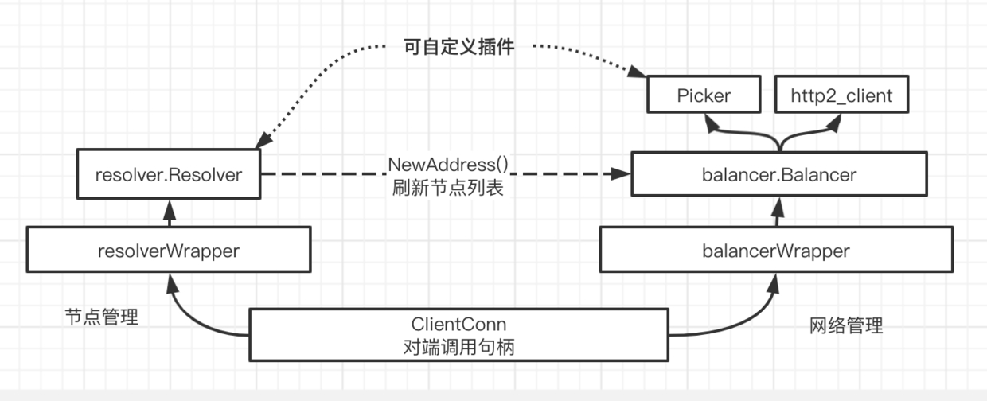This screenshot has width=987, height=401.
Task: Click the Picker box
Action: coord(704,95)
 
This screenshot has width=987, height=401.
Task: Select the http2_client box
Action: coord(841,95)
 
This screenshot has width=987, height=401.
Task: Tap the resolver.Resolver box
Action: coord(169,174)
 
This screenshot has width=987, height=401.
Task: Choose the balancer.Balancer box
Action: coord(779,174)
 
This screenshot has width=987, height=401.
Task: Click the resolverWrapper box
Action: coord(169,250)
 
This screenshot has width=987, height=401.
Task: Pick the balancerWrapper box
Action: coord(776,250)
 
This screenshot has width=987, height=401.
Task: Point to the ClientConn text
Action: coord(458,325)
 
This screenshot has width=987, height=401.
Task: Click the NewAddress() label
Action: coord(448,165)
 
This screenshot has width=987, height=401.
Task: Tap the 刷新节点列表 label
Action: coord(448,188)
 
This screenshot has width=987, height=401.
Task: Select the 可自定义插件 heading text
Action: coord(458,47)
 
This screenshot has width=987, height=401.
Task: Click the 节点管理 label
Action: coord(101,317)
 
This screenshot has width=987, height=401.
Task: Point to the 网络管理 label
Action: coord(846,325)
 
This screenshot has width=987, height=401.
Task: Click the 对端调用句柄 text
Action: coord(458,347)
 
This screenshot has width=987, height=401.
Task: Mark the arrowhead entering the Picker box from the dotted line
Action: coord(637,72)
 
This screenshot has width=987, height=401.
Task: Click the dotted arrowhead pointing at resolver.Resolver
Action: coord(263,140)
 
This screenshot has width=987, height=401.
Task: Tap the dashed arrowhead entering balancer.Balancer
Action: coord(622,173)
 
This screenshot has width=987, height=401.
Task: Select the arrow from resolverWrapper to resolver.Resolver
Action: coord(170,213)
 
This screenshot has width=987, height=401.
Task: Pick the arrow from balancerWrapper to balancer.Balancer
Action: coord(778,212)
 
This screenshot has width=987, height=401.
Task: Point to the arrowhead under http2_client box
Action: coord(834,123)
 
